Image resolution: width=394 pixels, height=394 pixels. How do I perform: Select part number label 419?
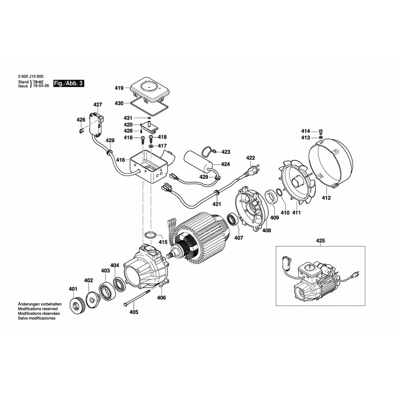point(119,88)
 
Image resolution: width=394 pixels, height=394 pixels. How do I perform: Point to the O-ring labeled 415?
point(149,235)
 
